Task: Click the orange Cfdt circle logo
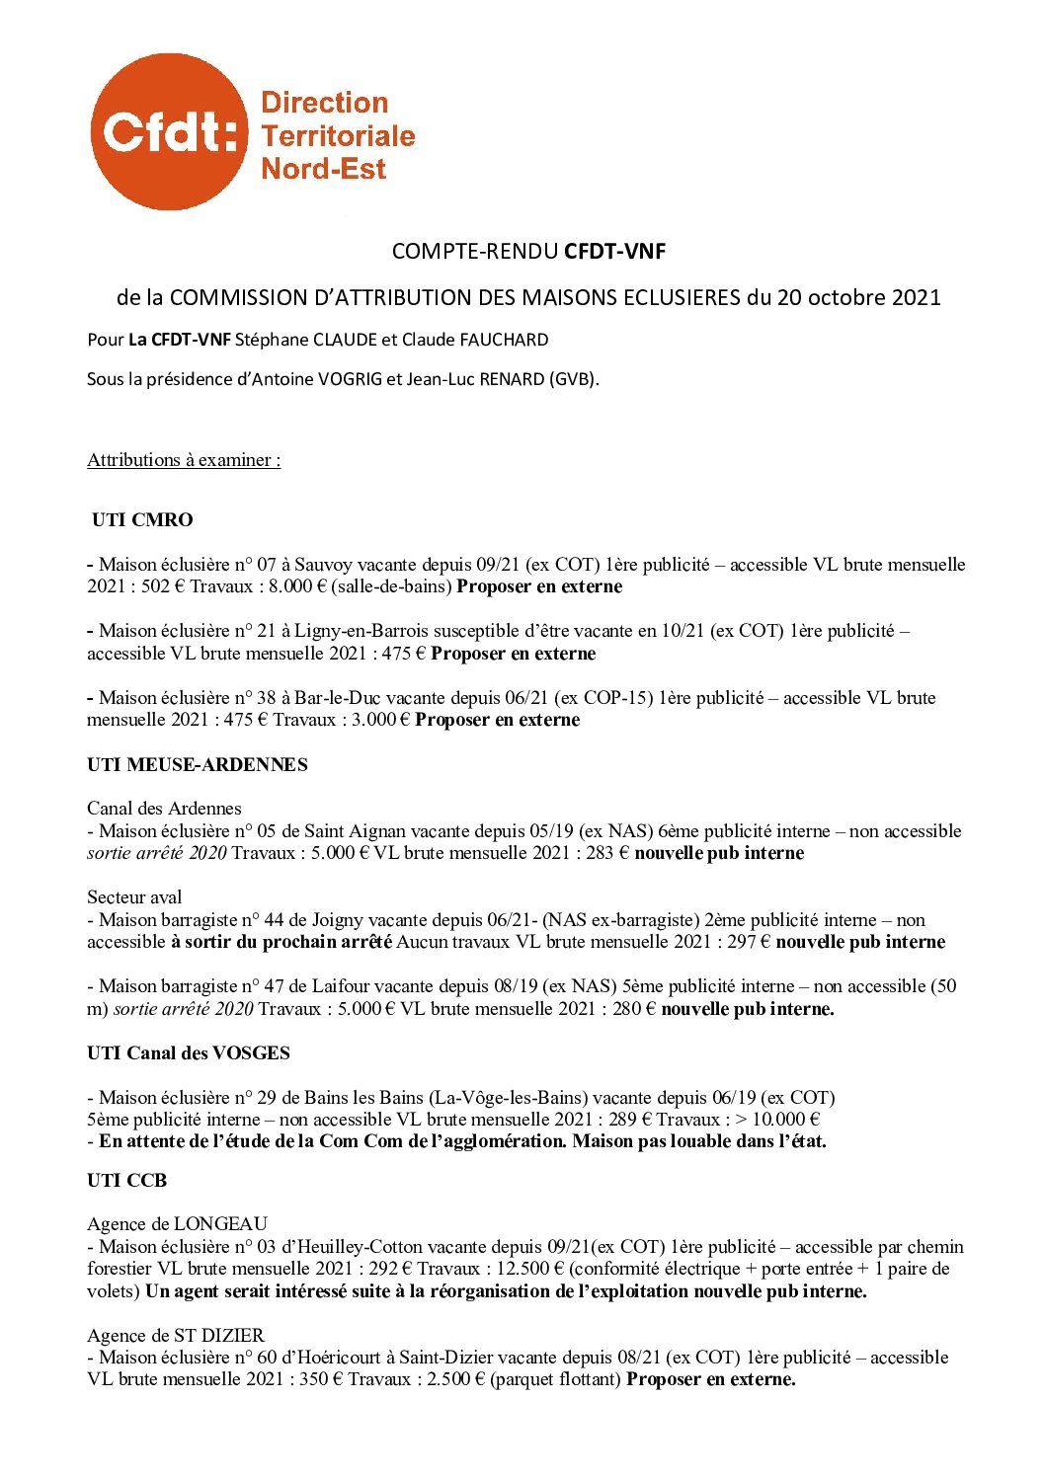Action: (168, 132)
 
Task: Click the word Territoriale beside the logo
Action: (337, 135)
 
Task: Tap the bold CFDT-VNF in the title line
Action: (614, 251)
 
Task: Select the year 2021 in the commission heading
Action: (918, 297)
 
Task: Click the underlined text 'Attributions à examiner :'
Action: (184, 460)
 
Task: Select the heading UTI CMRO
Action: (142, 519)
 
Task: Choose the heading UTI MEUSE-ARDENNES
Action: (197, 764)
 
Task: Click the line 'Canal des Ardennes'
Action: (164, 809)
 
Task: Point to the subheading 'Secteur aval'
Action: (134, 897)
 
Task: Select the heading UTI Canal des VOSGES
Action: (189, 1052)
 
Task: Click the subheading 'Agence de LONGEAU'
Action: (177, 1224)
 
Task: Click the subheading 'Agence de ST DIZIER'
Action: (176, 1336)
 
